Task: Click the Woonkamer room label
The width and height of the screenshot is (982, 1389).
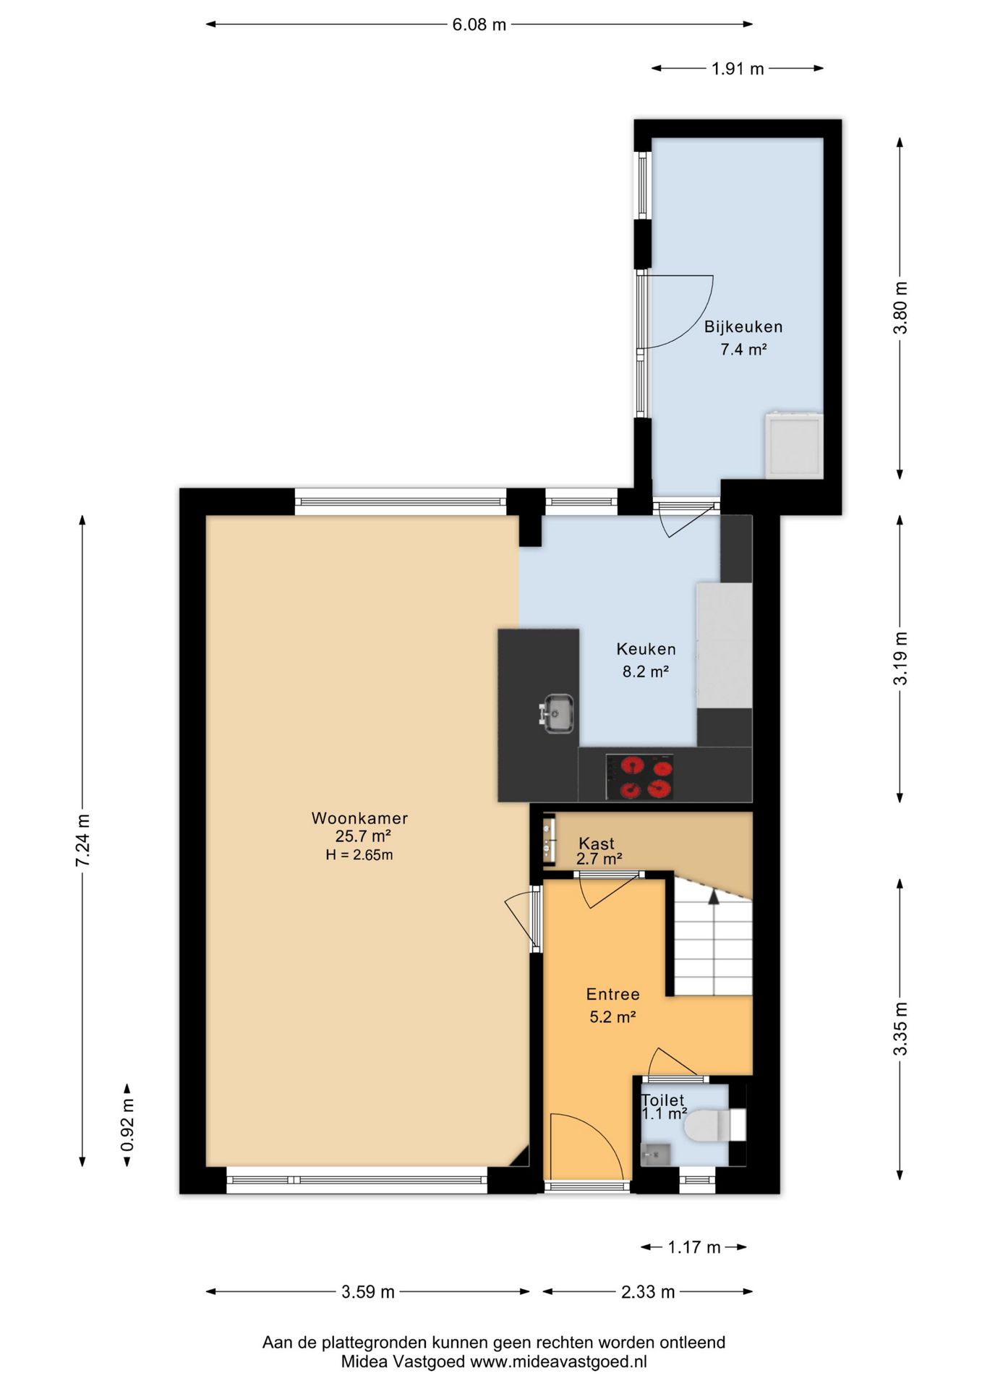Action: tap(359, 818)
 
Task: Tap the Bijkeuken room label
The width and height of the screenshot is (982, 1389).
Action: tap(743, 327)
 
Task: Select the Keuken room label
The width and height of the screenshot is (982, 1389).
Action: tap(646, 649)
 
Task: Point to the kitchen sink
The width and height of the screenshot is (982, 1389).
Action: tap(556, 713)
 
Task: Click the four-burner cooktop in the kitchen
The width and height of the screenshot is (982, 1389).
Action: tap(639, 777)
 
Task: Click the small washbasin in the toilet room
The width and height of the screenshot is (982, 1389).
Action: tap(655, 1154)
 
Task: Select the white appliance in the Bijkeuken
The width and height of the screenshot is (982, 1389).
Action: tap(794, 445)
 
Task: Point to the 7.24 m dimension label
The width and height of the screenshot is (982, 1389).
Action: tap(83, 840)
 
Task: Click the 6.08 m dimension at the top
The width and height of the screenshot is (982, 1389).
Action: tap(479, 25)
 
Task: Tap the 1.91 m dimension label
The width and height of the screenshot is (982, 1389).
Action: tap(738, 69)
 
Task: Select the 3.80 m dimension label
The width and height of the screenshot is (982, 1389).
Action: tap(900, 307)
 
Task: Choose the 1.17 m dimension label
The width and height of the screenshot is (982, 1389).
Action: tap(694, 1246)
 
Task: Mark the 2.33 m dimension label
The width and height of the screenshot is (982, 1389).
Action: tap(648, 1291)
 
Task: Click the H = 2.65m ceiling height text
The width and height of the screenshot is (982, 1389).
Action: tap(359, 855)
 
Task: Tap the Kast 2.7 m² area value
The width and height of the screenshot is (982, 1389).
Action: tap(599, 859)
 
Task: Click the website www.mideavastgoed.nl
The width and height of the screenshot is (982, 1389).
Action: tap(559, 1362)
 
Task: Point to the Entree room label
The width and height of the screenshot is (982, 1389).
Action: tap(613, 994)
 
